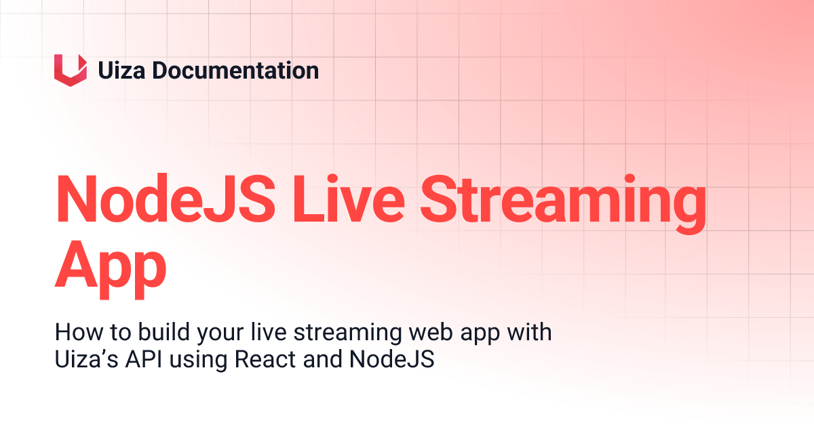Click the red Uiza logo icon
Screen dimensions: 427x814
pos(71,70)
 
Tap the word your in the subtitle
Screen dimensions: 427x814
pos(216,334)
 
